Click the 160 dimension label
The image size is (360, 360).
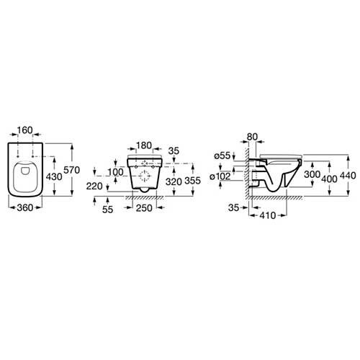[x=25, y=130]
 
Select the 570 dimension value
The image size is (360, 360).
[x=71, y=170]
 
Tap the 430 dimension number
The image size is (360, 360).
[x=54, y=177]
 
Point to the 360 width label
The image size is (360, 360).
[x=25, y=208]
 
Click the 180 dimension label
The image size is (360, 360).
[x=144, y=145]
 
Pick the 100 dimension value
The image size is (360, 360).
[x=115, y=172]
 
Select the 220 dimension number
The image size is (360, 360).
[x=94, y=186]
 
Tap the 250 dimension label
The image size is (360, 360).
[x=144, y=208]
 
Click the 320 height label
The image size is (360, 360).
[x=174, y=182]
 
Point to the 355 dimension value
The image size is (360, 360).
[x=192, y=181]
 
